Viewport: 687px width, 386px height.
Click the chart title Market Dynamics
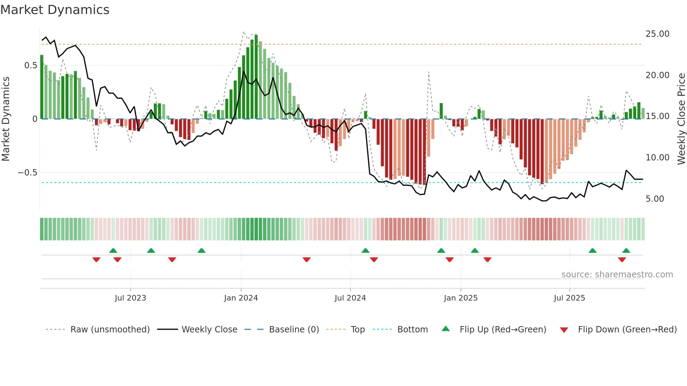coord(55,10)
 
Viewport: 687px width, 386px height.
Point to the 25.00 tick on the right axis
coord(657,34)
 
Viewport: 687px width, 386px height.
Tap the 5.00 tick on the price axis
coord(655,199)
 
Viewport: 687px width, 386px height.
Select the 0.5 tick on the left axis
coord(30,66)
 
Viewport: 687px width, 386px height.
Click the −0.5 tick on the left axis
coord(27,173)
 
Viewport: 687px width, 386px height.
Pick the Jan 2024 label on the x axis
coord(241,298)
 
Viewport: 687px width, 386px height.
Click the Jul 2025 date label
coord(569,298)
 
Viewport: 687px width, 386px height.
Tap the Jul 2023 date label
coord(130,298)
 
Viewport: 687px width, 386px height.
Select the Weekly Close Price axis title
coord(681,119)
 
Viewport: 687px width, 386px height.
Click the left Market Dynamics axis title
coord(6,119)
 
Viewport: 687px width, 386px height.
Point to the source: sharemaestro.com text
coord(617,275)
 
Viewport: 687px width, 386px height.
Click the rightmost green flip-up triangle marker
coord(626,250)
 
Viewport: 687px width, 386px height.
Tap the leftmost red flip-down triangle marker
coord(96,260)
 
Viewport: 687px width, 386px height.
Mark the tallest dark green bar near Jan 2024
coord(256,77)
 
